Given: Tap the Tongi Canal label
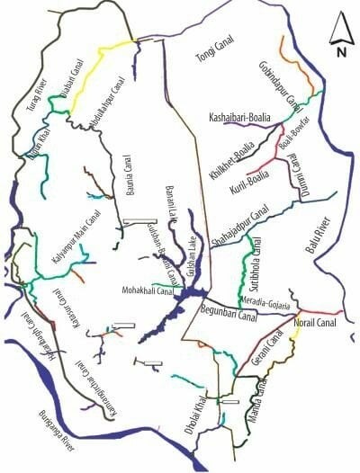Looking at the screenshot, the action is tap(216, 60).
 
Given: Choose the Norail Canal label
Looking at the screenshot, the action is tap(314, 322).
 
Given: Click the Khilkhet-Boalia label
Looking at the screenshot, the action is tap(231, 152).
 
